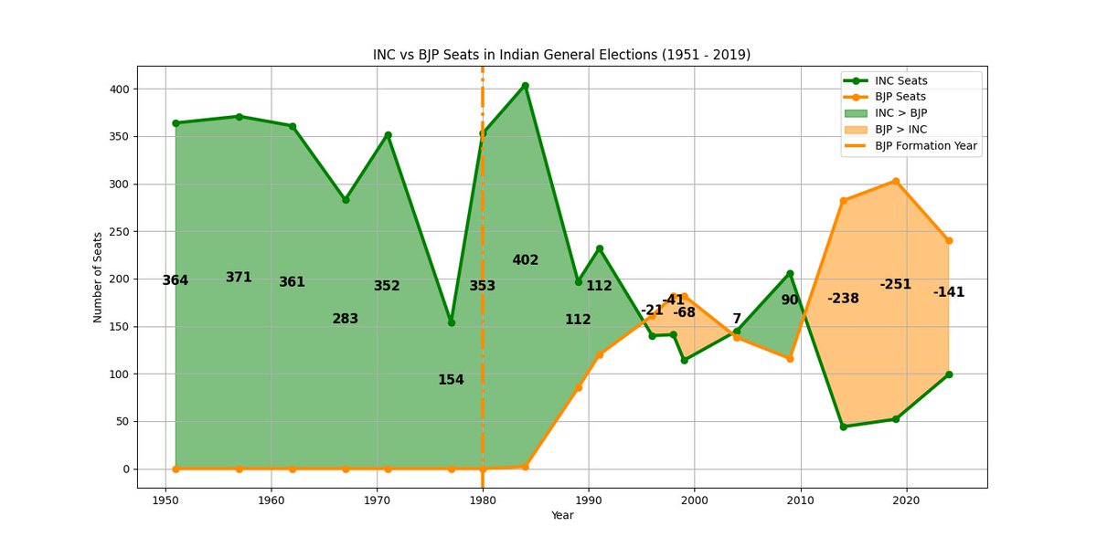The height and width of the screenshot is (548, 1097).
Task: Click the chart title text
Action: pyautogui.click(x=561, y=55)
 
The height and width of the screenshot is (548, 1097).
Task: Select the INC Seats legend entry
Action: pyautogui.click(x=900, y=80)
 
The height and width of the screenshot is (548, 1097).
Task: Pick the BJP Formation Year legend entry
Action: pyautogui.click(x=926, y=146)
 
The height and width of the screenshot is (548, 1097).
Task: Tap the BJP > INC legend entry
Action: pyautogui.click(x=900, y=130)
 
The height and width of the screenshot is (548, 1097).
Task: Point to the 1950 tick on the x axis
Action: pyautogui.click(x=165, y=501)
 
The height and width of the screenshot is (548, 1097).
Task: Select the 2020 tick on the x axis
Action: pyautogui.click(x=906, y=501)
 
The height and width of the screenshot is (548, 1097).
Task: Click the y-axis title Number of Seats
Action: pyautogui.click(x=98, y=277)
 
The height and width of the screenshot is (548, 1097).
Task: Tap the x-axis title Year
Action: pyautogui.click(x=562, y=516)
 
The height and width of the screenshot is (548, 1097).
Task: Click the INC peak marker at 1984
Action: pyautogui.click(x=525, y=86)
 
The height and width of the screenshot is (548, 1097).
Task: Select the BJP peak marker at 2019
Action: pyautogui.click(x=896, y=181)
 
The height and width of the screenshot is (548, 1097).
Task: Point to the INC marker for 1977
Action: pyautogui.click(x=451, y=322)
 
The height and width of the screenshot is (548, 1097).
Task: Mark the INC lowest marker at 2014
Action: pyautogui.click(x=843, y=427)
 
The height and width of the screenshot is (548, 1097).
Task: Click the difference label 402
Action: pyautogui.click(x=525, y=260)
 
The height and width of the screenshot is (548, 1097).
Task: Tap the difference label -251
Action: pyautogui.click(x=896, y=284)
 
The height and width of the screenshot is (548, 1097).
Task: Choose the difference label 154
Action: pyautogui.click(x=451, y=380)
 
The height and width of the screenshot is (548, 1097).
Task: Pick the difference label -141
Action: pyautogui.click(x=949, y=292)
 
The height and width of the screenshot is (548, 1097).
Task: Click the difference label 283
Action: pyautogui.click(x=346, y=319)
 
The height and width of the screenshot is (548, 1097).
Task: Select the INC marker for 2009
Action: pyautogui.click(x=790, y=274)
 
